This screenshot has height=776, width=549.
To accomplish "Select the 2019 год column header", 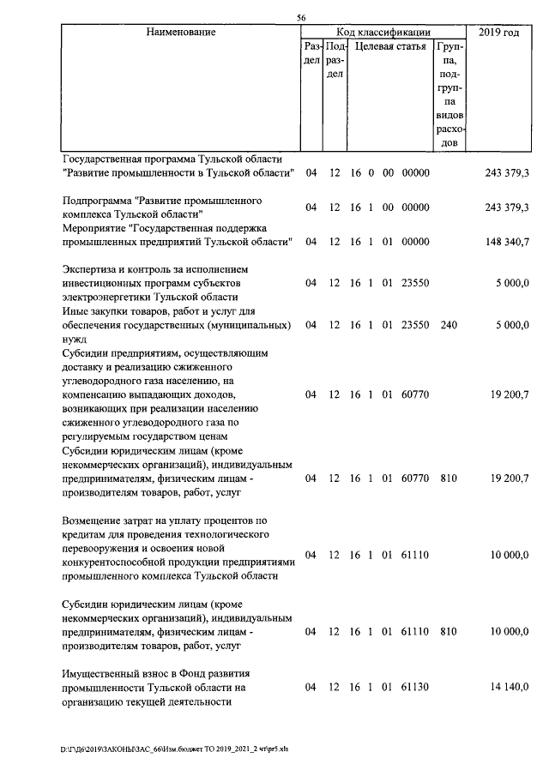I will coord(500,33).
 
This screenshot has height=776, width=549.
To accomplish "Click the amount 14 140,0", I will coord(510,688).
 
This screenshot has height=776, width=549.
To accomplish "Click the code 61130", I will coord(414,688).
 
